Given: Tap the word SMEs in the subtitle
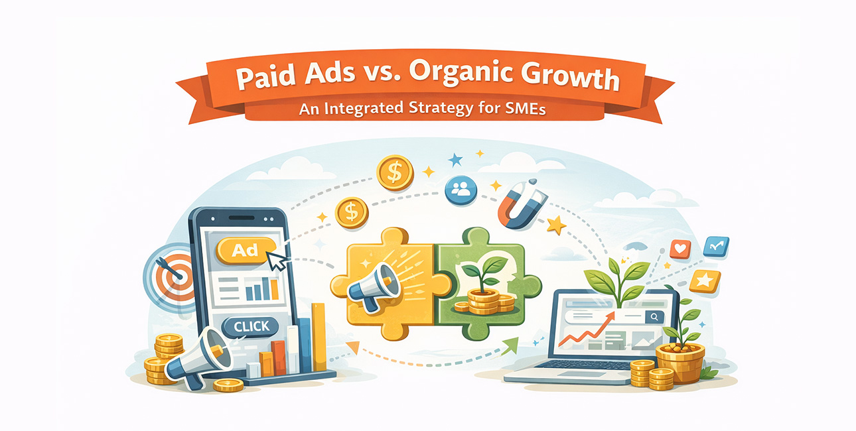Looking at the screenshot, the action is click(x=526, y=109).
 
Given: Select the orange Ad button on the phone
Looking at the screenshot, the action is click(x=246, y=251).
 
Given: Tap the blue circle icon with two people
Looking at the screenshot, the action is click(x=461, y=190).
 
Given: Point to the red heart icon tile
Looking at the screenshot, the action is click(x=681, y=249).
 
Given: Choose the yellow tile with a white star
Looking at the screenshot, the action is click(x=705, y=281).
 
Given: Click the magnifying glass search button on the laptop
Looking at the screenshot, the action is click(x=654, y=316).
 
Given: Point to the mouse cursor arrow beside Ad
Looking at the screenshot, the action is click(x=277, y=261).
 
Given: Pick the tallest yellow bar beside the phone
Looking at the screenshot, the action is click(x=319, y=337).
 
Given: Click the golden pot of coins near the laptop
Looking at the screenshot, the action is click(x=680, y=363).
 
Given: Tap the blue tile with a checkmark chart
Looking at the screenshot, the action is click(x=716, y=247).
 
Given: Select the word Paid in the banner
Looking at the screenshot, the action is click(x=265, y=77).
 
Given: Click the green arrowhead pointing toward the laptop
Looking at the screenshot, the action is click(x=510, y=345).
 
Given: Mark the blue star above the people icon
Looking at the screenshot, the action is click(x=455, y=160).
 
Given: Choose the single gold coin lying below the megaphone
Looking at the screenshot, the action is click(x=228, y=385).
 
